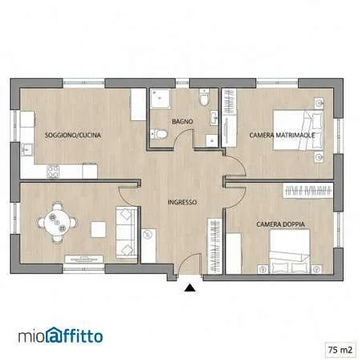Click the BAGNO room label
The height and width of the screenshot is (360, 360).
pos(183,121)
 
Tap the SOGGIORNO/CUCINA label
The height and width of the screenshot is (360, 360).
pos(73,135)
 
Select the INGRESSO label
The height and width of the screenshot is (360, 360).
pos(183,202)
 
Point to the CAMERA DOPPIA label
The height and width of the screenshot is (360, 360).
pos(281,224)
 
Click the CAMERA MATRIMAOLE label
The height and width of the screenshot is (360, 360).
pos(282,135)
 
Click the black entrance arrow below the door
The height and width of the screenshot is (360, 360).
pos(190,288)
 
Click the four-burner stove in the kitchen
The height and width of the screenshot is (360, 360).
pos(53,171)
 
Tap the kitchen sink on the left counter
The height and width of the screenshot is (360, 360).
pos(27,150)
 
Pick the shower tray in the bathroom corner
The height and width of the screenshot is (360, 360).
pos(160,99)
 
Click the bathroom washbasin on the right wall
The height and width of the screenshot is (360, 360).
pos(214,118)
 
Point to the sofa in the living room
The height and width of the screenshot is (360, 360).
pos(126,232)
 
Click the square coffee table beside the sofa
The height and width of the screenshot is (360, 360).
pos(98,229)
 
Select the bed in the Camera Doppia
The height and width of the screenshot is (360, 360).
pos(290,251)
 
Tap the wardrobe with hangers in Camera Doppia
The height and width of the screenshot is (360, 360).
pos(308,190)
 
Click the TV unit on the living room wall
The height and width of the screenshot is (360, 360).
pos(84,259)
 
